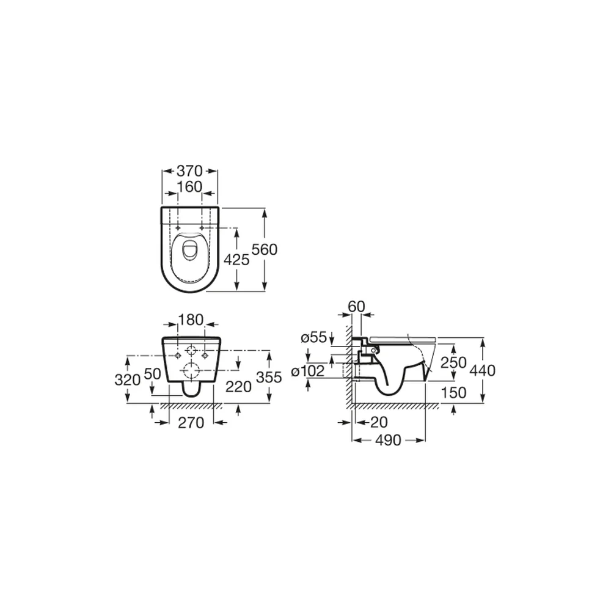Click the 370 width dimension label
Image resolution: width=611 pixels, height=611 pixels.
[x=190, y=170]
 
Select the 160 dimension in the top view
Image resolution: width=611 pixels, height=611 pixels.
[x=190, y=187]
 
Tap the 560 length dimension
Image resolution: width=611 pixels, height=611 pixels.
[x=265, y=249]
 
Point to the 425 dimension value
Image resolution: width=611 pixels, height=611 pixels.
[x=236, y=260]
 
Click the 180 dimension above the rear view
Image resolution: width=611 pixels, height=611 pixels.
[x=191, y=320]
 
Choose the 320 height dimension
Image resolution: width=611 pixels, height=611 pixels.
[x=128, y=379]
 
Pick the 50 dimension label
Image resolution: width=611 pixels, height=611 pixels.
[x=152, y=374]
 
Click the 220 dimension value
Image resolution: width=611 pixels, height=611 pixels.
[x=238, y=387]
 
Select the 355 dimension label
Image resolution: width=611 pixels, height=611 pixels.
[x=269, y=377]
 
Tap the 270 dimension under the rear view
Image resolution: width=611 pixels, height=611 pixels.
[x=191, y=422]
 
